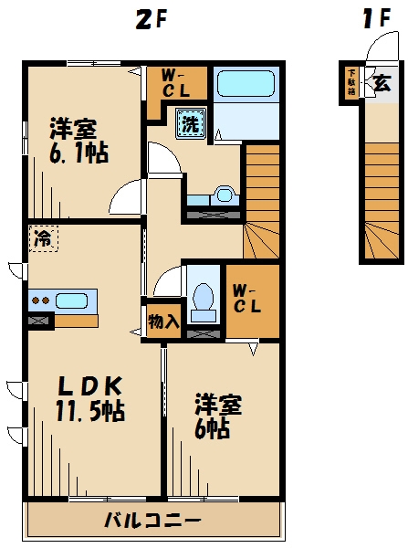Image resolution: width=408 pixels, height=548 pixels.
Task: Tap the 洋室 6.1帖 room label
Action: click(77, 140)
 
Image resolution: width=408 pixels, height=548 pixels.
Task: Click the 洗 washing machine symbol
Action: click(190, 122)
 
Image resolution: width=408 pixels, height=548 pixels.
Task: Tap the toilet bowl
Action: click(204, 298)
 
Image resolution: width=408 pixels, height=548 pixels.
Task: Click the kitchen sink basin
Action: click(71, 300)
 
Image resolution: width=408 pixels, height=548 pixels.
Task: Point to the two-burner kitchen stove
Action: click(40, 300)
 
